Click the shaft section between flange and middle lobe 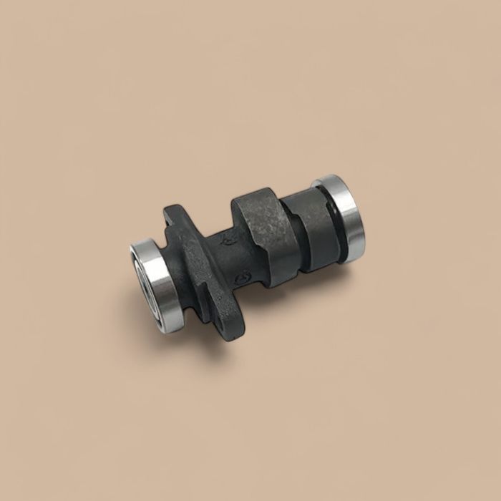point(229,254)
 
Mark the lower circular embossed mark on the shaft point(242,276)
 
